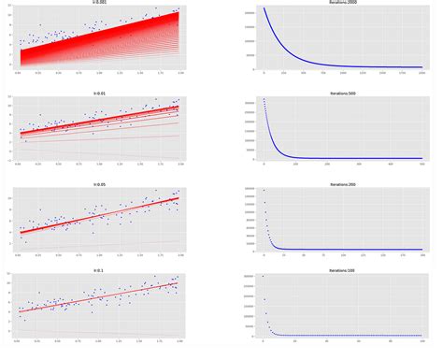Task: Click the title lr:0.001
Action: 99,3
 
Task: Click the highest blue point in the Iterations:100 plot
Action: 263,276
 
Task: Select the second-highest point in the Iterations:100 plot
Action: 264,299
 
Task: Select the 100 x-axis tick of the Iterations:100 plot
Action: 422,340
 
